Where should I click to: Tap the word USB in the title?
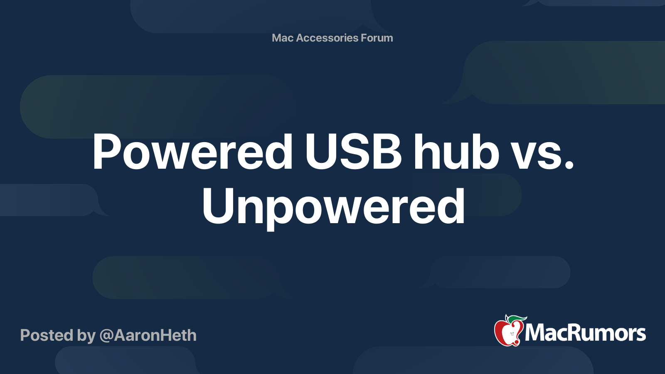[x=354, y=152]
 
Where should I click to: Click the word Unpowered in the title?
[x=333, y=208]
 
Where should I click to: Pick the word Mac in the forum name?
[x=282, y=38]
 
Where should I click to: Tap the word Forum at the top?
[x=377, y=38]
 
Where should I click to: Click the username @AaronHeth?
[x=148, y=335]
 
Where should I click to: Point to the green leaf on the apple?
[x=518, y=319]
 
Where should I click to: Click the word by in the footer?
[x=86, y=337]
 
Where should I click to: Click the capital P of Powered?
[x=107, y=152]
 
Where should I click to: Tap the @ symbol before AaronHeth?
[x=106, y=336]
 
